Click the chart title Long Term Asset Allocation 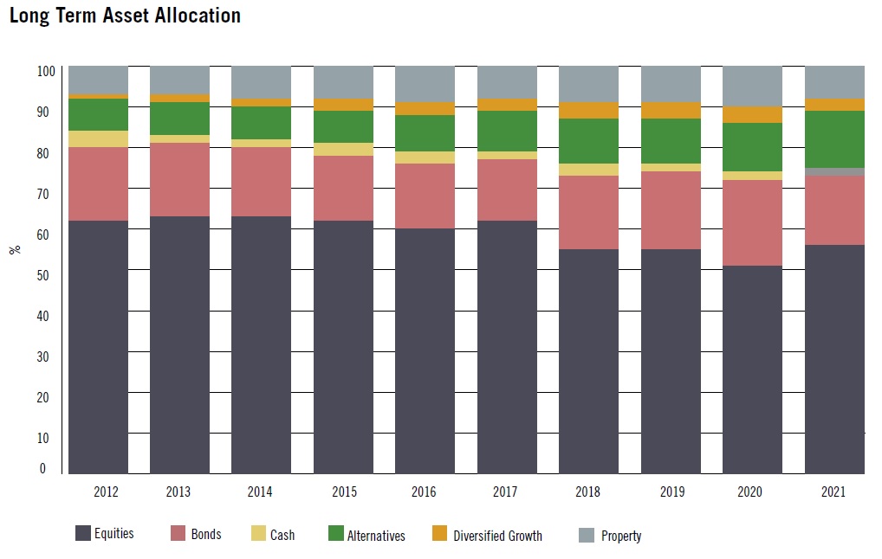click(x=125, y=16)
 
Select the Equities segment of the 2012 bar click(x=98, y=346)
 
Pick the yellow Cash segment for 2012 click(x=98, y=138)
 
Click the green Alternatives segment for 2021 click(x=834, y=138)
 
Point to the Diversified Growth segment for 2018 click(x=589, y=110)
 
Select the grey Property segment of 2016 click(x=425, y=83)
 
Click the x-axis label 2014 click(x=260, y=492)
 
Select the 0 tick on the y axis click(x=42, y=469)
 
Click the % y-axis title click(x=14, y=249)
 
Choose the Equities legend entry click(x=104, y=534)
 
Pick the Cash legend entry click(x=271, y=535)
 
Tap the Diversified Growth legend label click(x=497, y=536)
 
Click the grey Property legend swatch click(x=586, y=536)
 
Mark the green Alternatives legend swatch click(x=335, y=535)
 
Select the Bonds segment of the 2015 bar click(x=343, y=188)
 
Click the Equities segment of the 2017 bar click(x=507, y=346)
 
